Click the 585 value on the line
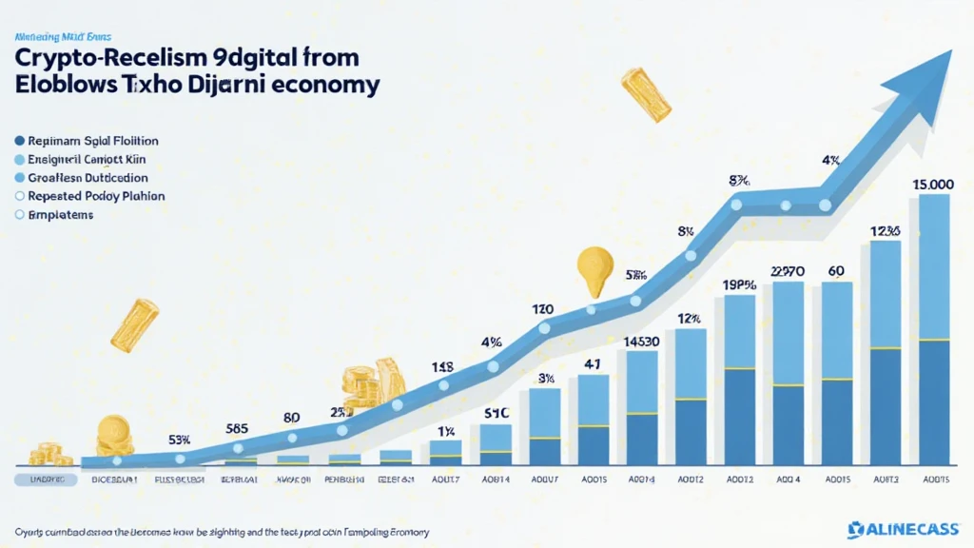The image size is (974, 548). tap(238, 428)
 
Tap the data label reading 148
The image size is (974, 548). tap(442, 366)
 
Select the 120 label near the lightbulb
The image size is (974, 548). tap(544, 308)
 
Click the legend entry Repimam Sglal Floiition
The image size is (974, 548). tap(88, 140)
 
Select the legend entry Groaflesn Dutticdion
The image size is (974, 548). tap(88, 178)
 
